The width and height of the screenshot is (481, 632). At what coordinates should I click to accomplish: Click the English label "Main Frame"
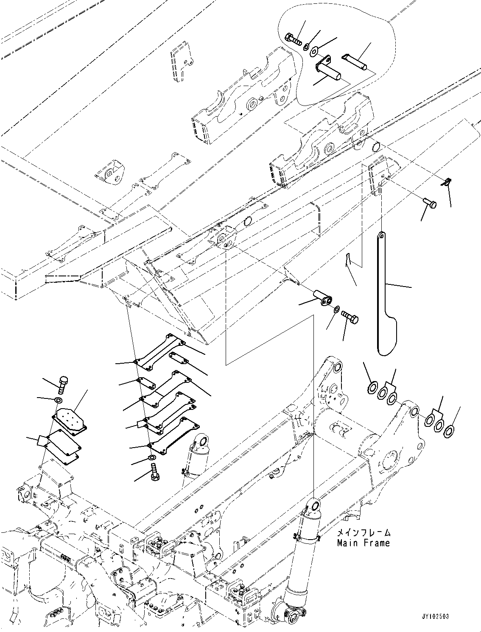pyautogui.click(x=363, y=543)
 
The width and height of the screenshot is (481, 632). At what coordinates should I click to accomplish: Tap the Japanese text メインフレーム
pyautogui.click(x=363, y=533)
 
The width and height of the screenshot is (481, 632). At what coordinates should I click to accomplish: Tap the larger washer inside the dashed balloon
pyautogui.click(x=313, y=52)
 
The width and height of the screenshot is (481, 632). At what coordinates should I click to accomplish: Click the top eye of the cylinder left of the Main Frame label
pyautogui.click(x=314, y=505)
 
